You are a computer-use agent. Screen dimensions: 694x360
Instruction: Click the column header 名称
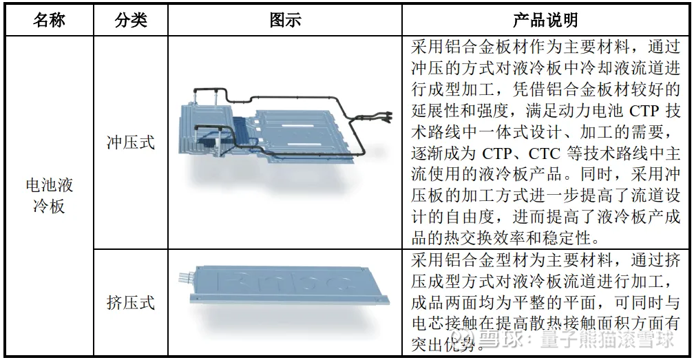49,20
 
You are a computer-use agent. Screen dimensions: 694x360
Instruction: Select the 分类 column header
131,20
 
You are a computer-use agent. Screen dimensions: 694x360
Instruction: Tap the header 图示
285,20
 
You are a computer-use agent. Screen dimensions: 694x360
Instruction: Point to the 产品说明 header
545,20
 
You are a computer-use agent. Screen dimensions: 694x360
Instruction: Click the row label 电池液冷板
49,195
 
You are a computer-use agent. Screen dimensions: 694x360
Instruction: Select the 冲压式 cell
131,142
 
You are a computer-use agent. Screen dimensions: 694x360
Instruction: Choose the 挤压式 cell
131,302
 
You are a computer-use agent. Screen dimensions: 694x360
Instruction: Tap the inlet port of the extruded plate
184,278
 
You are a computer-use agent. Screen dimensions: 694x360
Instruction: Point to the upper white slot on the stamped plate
297,127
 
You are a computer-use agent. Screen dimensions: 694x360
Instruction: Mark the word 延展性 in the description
436,111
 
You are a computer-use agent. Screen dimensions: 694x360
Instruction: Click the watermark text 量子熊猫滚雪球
607,339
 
